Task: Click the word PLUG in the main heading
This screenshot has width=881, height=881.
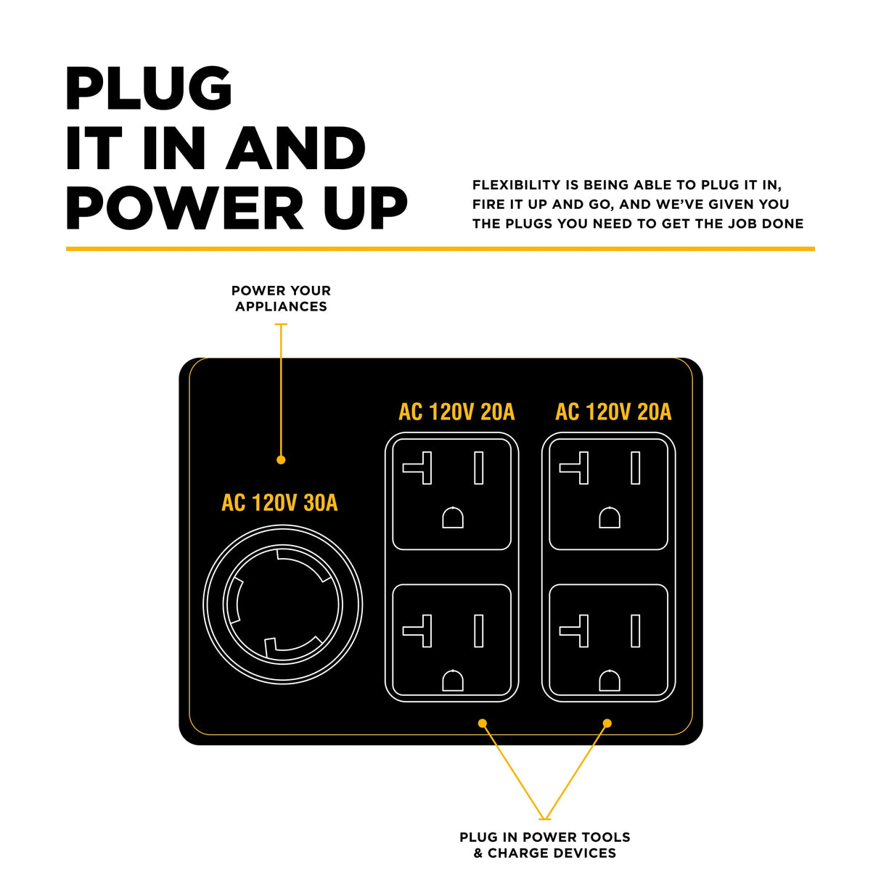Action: click(x=149, y=89)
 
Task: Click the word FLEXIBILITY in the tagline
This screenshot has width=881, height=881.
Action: click(x=516, y=185)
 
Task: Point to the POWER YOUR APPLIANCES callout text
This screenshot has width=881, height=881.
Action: click(x=281, y=298)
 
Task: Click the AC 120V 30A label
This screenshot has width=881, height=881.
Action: click(x=279, y=503)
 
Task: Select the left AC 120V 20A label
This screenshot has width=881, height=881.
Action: click(x=456, y=412)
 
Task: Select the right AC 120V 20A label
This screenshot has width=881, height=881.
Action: click(x=613, y=412)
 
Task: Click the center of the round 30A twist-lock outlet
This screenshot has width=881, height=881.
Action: click(x=282, y=604)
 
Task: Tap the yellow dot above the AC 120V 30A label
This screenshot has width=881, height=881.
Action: click(x=281, y=459)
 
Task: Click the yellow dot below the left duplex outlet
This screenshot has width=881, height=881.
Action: click(x=483, y=723)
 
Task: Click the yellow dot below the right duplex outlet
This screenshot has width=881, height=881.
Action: click(x=607, y=723)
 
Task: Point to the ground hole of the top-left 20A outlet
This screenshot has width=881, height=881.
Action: click(x=453, y=518)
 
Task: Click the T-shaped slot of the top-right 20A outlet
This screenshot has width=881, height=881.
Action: click(x=576, y=468)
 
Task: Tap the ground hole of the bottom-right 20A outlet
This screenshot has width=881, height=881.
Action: click(x=610, y=681)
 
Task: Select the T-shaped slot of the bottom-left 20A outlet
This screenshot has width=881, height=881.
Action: click(x=419, y=631)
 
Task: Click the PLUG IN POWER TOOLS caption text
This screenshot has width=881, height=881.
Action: click(x=544, y=837)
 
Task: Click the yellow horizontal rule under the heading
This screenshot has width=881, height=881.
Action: click(x=440, y=249)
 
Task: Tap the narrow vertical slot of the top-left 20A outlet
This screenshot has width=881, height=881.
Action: click(x=479, y=468)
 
